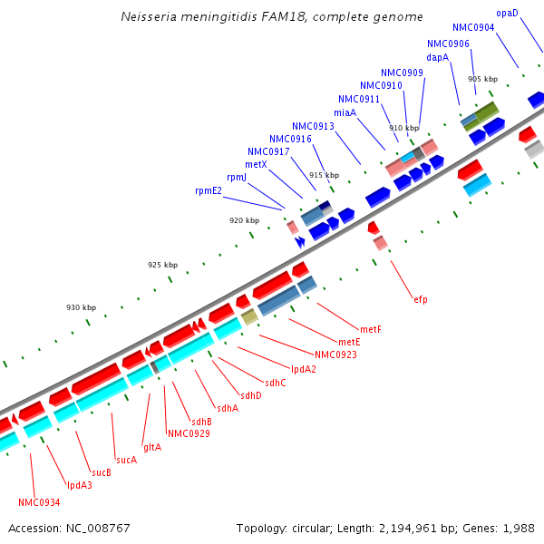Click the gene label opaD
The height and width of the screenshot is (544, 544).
click(507, 14)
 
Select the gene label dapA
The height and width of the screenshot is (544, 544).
click(437, 57)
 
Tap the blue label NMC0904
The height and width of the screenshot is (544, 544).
click(473, 28)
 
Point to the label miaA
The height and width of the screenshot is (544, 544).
click(345, 113)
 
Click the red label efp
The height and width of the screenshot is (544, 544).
click(420, 298)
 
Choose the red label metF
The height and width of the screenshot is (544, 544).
click(370, 329)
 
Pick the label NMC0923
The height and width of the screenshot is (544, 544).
click(335, 355)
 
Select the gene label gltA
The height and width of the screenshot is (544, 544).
click(151, 447)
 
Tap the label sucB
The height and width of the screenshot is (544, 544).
click(101, 472)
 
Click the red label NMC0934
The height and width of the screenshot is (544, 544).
click(39, 502)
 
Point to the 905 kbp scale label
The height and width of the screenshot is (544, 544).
click(482, 79)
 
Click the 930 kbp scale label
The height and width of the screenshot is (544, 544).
click(81, 307)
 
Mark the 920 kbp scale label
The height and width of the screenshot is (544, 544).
click(244, 220)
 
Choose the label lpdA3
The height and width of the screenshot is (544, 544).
click(79, 485)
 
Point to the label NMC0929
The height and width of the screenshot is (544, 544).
click(189, 433)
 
